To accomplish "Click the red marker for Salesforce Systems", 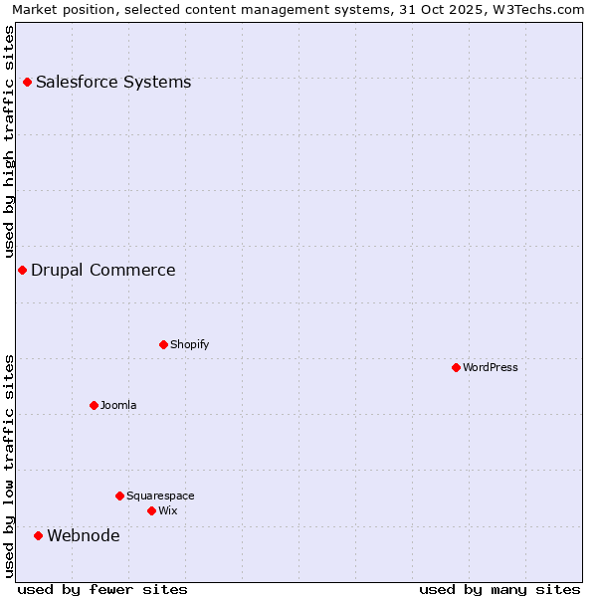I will [x=27, y=82].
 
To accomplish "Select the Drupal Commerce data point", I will [x=22, y=270].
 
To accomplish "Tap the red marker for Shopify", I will [x=163, y=344].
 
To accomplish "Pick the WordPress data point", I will [x=456, y=367].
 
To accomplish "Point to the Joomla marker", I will [x=94, y=405].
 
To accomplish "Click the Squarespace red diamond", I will [x=119, y=496].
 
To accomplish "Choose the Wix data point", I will [x=151, y=510].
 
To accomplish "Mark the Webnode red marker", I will [x=39, y=535].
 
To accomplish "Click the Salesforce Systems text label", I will [x=113, y=82].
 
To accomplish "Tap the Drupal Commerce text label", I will [x=103, y=270].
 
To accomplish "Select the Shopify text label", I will [x=189, y=344].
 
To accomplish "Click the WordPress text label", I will [x=491, y=367].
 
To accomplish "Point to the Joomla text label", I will [x=118, y=405].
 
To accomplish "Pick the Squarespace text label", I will [x=160, y=496].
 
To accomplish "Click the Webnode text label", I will [x=84, y=535].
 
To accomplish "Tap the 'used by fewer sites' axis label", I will [x=102, y=589].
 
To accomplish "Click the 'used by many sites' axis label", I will [x=499, y=589].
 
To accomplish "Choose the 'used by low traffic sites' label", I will [x=9, y=466].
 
